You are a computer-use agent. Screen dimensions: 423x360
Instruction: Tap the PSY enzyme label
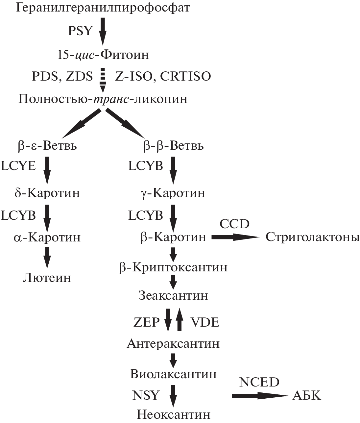click(x=81, y=31)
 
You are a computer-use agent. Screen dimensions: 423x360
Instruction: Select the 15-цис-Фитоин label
click(x=103, y=54)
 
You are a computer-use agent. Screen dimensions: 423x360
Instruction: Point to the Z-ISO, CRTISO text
click(x=163, y=76)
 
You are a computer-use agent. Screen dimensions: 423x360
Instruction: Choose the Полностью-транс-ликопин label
click(x=103, y=99)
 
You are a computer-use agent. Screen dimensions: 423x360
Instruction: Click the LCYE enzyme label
click(x=18, y=166)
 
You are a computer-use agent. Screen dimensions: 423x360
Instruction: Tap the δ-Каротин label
click(x=47, y=193)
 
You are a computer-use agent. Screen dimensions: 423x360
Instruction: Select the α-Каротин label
click(x=47, y=237)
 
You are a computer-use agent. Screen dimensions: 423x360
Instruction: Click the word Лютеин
click(x=47, y=278)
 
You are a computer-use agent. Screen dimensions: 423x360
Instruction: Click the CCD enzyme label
click(x=234, y=224)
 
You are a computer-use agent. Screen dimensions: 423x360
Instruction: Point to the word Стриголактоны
click(x=312, y=237)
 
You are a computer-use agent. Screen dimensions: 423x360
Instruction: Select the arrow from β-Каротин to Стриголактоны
click(x=235, y=237)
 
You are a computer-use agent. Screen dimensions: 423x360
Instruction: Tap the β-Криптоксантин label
click(x=173, y=267)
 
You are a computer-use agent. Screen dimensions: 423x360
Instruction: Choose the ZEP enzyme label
click(x=147, y=322)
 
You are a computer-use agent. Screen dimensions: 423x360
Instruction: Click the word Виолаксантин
click(x=173, y=374)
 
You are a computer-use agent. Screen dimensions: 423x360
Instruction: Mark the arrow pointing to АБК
click(x=260, y=396)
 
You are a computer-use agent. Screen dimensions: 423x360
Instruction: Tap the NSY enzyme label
click(x=146, y=395)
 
